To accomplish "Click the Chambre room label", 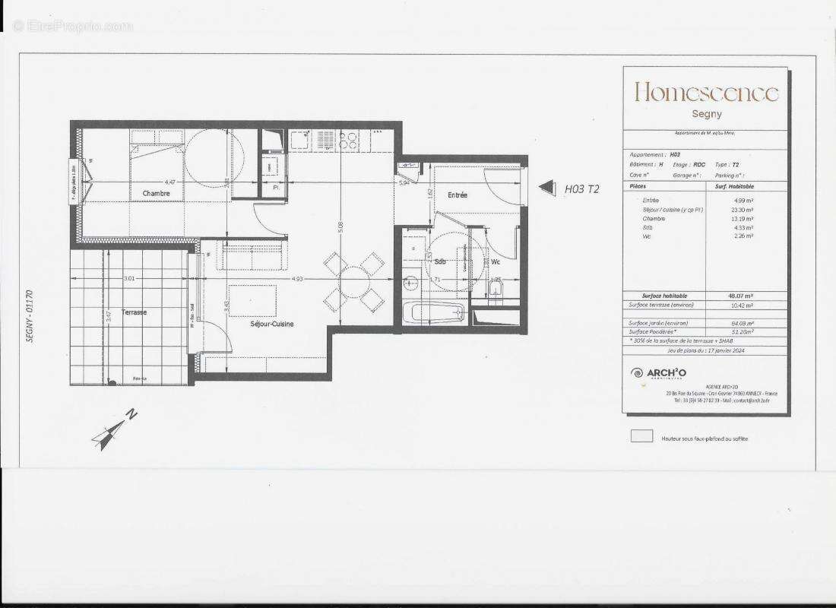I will click(155, 194).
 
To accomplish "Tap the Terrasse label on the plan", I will click(133, 312).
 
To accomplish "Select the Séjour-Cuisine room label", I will click(272, 324).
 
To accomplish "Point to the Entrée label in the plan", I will click(458, 195).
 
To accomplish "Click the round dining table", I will click(354, 282).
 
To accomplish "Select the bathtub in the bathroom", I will click(433, 312).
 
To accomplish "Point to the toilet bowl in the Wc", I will click(496, 293).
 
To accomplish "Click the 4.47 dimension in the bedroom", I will click(170, 182).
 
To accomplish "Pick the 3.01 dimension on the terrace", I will click(129, 279).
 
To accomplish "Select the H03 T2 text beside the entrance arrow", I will click(581, 189).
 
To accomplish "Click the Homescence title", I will click(706, 93).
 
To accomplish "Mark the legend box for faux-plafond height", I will click(642, 436).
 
